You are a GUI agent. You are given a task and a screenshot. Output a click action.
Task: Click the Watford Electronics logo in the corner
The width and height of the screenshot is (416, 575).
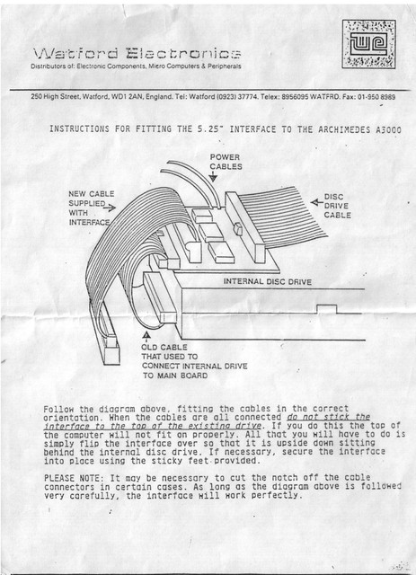368,44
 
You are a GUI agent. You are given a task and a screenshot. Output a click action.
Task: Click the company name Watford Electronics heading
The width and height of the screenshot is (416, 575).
137,54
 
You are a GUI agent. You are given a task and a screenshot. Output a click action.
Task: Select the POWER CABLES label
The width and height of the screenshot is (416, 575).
226,162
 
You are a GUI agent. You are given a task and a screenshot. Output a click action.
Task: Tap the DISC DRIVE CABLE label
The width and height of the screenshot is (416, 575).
337,206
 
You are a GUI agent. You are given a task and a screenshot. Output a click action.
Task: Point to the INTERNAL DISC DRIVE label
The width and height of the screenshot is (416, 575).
268,281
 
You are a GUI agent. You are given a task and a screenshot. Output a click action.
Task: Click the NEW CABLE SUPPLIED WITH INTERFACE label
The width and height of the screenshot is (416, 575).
92,208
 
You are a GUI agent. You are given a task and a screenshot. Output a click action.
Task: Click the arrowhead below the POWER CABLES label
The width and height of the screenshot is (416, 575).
213,178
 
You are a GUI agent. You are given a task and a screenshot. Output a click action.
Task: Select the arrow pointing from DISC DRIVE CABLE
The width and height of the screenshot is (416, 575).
316,202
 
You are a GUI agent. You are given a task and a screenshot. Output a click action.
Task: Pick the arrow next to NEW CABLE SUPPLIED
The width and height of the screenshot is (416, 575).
110,208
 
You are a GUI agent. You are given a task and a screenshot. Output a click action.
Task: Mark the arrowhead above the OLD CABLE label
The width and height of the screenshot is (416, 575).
146,334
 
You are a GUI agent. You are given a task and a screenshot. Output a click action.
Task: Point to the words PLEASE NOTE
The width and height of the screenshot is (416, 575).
72,478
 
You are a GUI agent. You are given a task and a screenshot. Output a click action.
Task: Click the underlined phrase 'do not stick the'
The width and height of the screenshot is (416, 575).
328,417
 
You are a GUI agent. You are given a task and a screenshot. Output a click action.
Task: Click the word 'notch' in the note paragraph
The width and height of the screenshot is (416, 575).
289,478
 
